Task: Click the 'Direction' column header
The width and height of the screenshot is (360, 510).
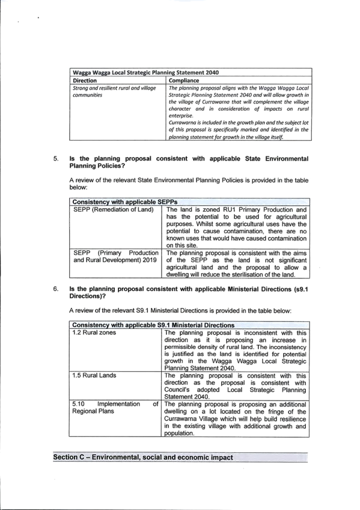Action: (85, 81)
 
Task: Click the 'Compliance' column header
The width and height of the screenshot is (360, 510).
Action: (184, 81)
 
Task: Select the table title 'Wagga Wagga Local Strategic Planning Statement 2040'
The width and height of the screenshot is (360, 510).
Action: (146, 73)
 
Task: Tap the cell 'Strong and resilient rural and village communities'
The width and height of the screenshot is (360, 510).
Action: (114, 91)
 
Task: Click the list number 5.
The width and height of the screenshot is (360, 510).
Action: (56, 159)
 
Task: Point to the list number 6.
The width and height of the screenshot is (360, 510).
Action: (56, 289)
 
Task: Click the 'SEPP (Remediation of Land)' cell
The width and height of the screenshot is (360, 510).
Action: (114, 209)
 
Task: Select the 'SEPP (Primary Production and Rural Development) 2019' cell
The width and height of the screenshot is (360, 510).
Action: (116, 256)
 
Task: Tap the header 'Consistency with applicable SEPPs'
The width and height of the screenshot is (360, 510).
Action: (125, 202)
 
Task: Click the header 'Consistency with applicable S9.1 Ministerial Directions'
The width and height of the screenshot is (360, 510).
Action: (153, 325)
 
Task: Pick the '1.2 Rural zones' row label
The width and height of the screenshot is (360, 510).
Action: (94, 333)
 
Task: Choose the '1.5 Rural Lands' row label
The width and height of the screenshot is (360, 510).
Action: (94, 375)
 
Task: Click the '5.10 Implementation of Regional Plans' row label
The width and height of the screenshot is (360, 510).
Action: (115, 408)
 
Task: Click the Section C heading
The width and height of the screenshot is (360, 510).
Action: (143, 457)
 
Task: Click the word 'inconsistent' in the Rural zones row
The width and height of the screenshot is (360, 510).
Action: (261, 333)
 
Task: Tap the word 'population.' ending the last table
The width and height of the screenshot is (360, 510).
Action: (179, 433)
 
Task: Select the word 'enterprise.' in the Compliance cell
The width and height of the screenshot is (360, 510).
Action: (181, 116)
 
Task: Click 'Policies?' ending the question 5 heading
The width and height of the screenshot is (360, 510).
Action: (111, 166)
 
